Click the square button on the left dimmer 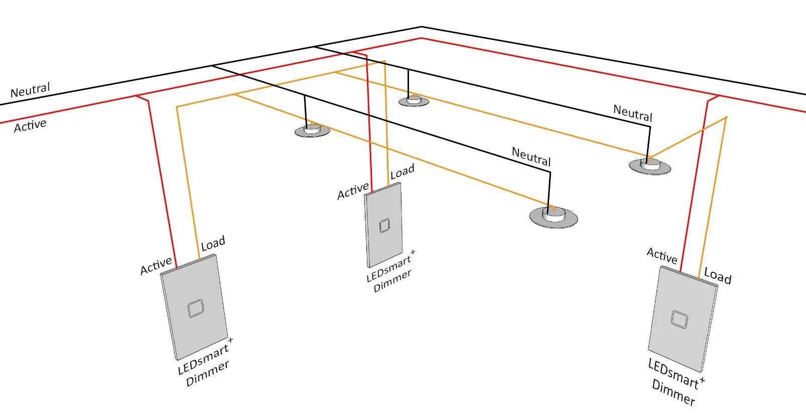(x=195, y=309)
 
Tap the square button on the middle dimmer (x=384, y=226)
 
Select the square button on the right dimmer (x=679, y=319)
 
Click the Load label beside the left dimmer (x=213, y=244)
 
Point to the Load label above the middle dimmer (x=402, y=172)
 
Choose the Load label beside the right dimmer (x=718, y=275)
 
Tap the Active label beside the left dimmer (x=156, y=266)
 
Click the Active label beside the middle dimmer (x=353, y=191)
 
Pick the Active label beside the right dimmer (x=662, y=255)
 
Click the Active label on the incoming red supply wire (x=30, y=125)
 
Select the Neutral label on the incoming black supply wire (x=30, y=91)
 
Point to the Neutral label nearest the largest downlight (x=531, y=157)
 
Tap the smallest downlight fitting (x=414, y=101)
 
